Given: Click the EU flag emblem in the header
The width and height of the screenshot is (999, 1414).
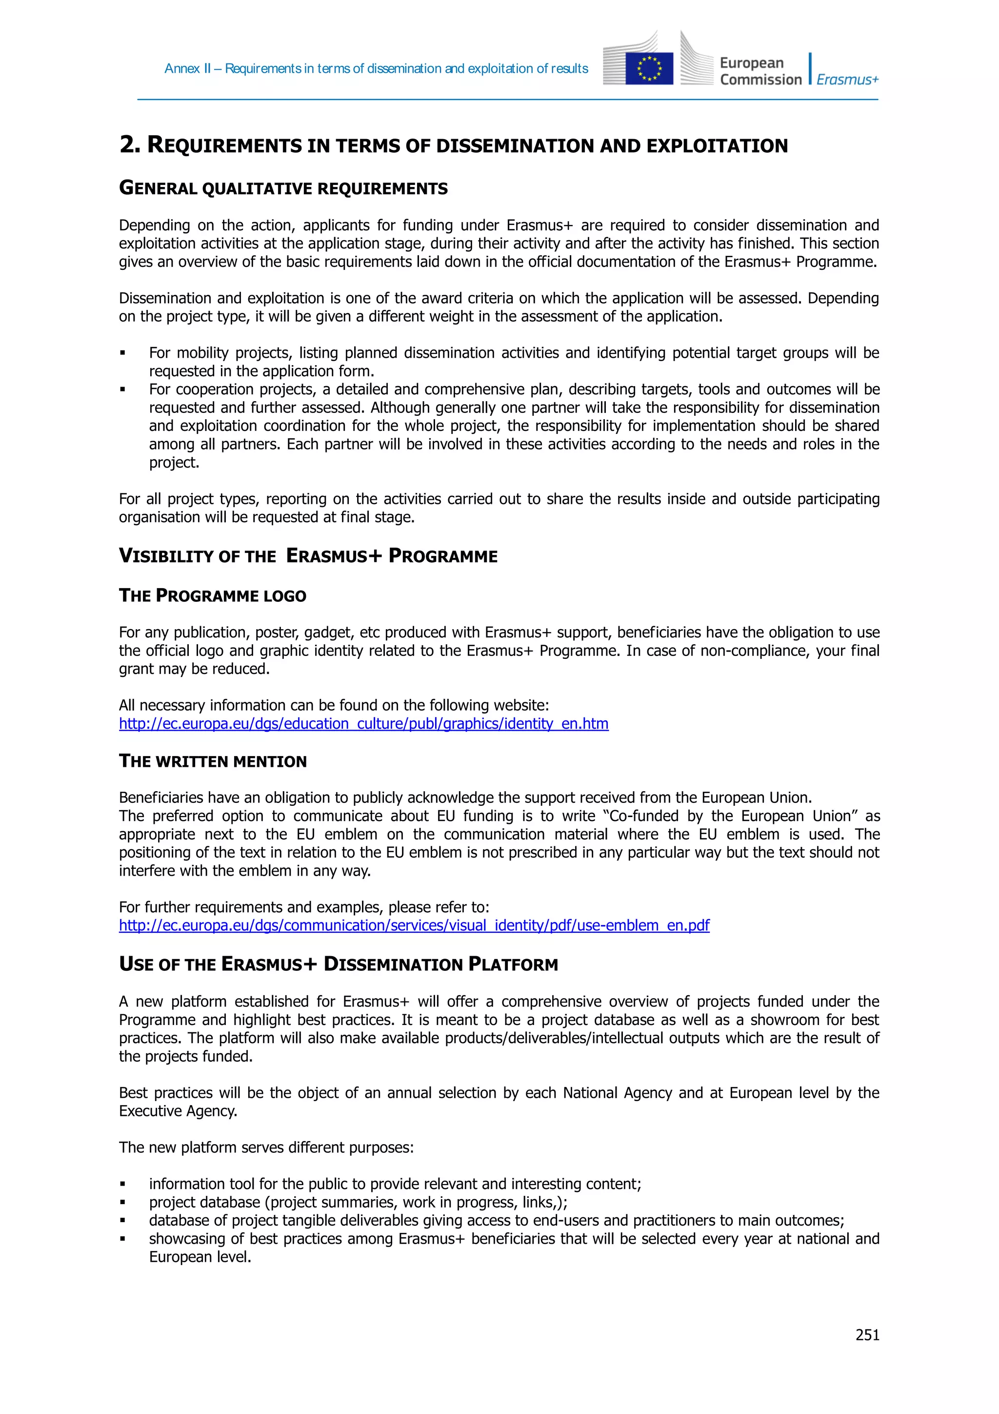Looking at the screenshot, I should pyautogui.click(x=649, y=68).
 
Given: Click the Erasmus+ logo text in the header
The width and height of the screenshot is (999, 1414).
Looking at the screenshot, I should pyautogui.click(x=847, y=80).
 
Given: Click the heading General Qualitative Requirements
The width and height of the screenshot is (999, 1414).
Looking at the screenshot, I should pyautogui.click(x=283, y=188).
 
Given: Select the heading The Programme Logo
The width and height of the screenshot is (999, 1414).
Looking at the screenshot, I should pyautogui.click(x=212, y=595).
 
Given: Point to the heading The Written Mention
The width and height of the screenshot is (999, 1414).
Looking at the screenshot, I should pyautogui.click(x=212, y=761).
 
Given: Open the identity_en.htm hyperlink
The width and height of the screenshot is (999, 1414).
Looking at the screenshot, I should pyautogui.click(x=363, y=724).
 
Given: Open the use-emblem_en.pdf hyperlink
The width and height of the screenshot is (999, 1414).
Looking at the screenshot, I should pyautogui.click(x=414, y=925).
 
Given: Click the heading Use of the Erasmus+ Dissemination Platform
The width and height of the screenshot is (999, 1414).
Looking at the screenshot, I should pyautogui.click(x=338, y=964).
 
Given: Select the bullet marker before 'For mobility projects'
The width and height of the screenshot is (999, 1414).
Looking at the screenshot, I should pyautogui.click(x=122, y=353).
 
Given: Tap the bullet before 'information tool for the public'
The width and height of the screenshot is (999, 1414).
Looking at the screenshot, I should pyautogui.click(x=122, y=1184).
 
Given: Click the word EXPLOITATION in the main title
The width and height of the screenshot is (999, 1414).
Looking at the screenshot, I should pyautogui.click(x=717, y=146).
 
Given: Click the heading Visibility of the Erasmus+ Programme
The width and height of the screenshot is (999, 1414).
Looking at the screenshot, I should pyautogui.click(x=308, y=555).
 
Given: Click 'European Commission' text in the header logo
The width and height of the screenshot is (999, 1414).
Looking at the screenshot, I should pyautogui.click(x=760, y=71).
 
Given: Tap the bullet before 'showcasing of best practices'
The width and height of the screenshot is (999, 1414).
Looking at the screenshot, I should pyautogui.click(x=122, y=1239).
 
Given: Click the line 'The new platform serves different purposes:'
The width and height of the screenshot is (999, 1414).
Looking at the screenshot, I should pyautogui.click(x=266, y=1148).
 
